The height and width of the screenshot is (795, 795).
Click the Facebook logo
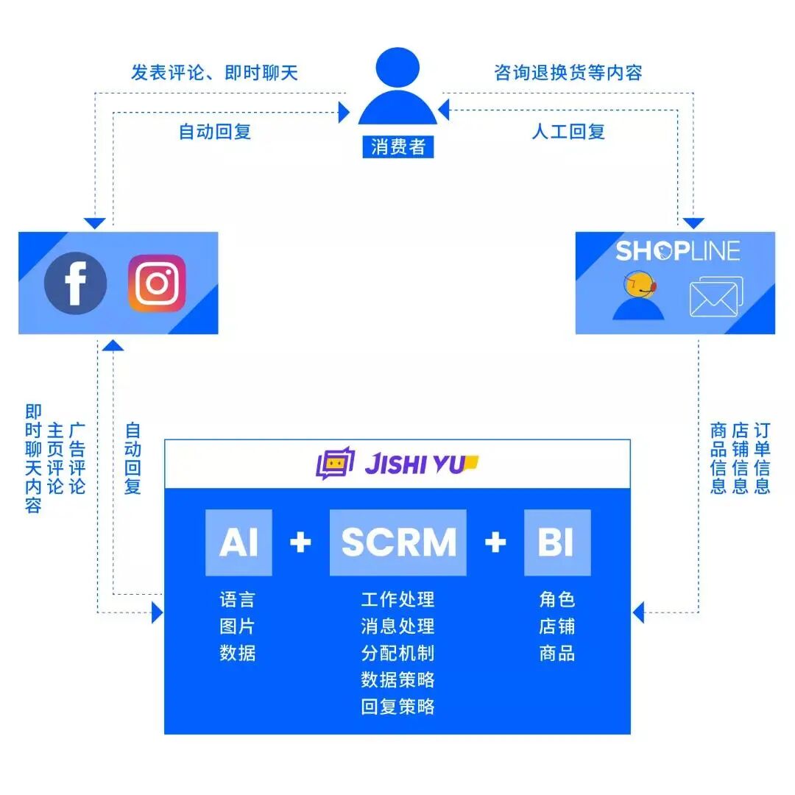coord(75,283)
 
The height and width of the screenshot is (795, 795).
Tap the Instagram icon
coord(157,283)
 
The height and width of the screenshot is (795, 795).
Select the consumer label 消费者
coord(398,146)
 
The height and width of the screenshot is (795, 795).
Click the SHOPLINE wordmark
coord(677,251)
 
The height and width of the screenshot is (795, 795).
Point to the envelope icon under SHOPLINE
coord(715,297)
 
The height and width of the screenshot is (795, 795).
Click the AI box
coord(239,543)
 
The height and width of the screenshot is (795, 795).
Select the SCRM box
coord(398,543)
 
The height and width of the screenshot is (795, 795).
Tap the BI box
coord(556,543)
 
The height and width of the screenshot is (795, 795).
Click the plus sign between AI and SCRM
coord(300,543)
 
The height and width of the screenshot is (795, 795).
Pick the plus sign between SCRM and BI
coord(495,543)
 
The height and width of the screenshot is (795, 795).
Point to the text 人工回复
coord(568,132)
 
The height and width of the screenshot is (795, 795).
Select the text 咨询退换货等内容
coord(568,72)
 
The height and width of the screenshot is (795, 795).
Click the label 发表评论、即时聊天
coord(214,72)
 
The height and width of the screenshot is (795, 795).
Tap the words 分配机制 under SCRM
coord(397,653)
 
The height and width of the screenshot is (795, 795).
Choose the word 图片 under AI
coord(237,626)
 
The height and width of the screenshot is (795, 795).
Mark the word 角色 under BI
coord(556,599)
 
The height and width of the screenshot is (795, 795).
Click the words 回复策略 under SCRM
coord(397,707)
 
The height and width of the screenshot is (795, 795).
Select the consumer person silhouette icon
coord(397,87)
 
